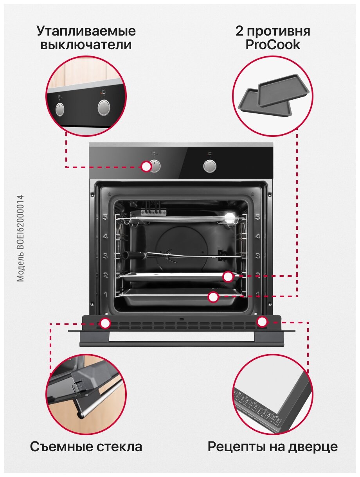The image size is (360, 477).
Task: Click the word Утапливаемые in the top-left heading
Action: tap(86, 31)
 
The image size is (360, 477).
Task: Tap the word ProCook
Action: tap(273, 45)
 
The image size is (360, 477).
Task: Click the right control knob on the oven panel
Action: tap(210, 166)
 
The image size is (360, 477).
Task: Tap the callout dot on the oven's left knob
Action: tap(146, 167)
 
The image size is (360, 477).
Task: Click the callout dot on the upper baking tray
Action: tap(228, 277)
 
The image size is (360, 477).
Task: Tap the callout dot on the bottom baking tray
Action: tap(213, 297)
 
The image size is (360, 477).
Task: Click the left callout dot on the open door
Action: tap(105, 323)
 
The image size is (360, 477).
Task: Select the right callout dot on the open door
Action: tap(262, 322)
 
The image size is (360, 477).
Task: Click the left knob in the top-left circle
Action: tap(59, 109)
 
